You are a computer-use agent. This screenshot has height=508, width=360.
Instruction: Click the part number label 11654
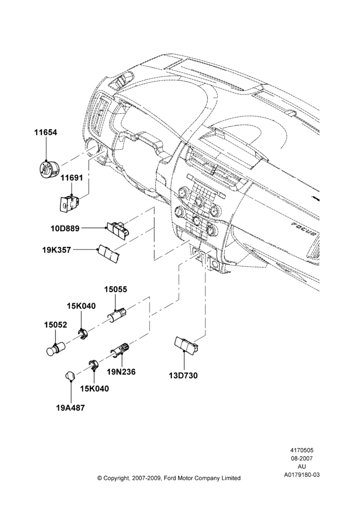[46, 132]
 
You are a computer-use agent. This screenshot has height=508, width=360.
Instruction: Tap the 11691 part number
[72, 177]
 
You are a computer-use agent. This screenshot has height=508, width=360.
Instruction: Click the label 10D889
[65, 229]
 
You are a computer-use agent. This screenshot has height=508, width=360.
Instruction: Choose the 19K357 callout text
[56, 250]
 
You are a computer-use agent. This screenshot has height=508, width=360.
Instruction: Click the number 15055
[115, 290]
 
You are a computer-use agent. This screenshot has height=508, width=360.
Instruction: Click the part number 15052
[55, 325]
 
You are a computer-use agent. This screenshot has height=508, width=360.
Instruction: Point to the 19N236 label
[122, 372]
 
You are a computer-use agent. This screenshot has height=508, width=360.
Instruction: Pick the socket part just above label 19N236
[121, 351]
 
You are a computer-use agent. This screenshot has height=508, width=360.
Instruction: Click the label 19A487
[70, 408]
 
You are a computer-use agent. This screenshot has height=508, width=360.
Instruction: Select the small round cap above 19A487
[69, 376]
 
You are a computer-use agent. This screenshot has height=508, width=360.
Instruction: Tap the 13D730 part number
[183, 375]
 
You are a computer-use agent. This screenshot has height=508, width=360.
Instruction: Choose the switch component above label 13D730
[187, 345]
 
